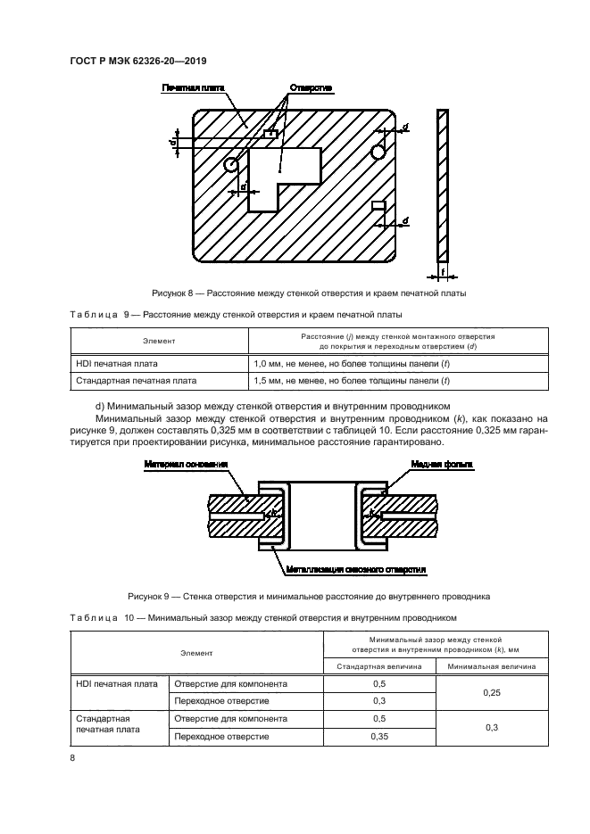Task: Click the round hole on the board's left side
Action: coord(231,164)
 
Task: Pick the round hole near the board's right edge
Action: coord(378,153)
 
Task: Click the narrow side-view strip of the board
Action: coord(444,182)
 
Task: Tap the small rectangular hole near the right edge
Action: coord(378,206)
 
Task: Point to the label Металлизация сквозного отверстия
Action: coord(354,568)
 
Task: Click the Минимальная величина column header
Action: coord(491,665)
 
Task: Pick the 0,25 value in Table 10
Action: coord(491,692)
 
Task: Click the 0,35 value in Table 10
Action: coord(378,737)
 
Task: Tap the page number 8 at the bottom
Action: coord(71,758)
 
